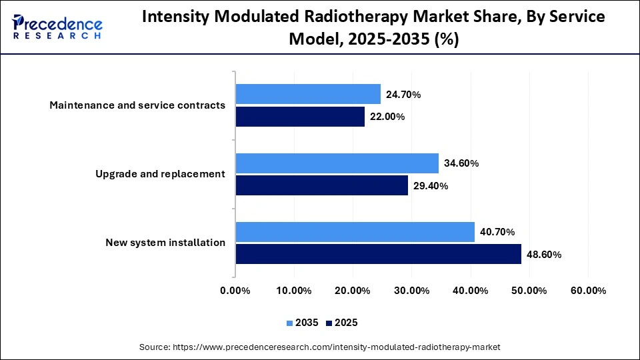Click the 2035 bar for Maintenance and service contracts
tap(308, 94)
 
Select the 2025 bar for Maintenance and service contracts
tap(300, 117)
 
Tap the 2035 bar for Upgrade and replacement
tap(337, 163)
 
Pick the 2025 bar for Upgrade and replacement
tap(321, 185)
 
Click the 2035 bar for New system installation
tap(355, 232)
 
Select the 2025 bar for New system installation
tap(378, 254)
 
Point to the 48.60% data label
tap(544, 255)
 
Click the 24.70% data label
tap(403, 95)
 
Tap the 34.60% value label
tap(461, 163)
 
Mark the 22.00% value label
tap(387, 117)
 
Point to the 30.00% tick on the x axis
tap(411, 291)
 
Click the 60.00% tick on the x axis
tap(588, 291)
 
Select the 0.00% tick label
tap(235, 291)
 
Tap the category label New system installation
tap(165, 243)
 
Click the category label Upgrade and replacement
tap(160, 174)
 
